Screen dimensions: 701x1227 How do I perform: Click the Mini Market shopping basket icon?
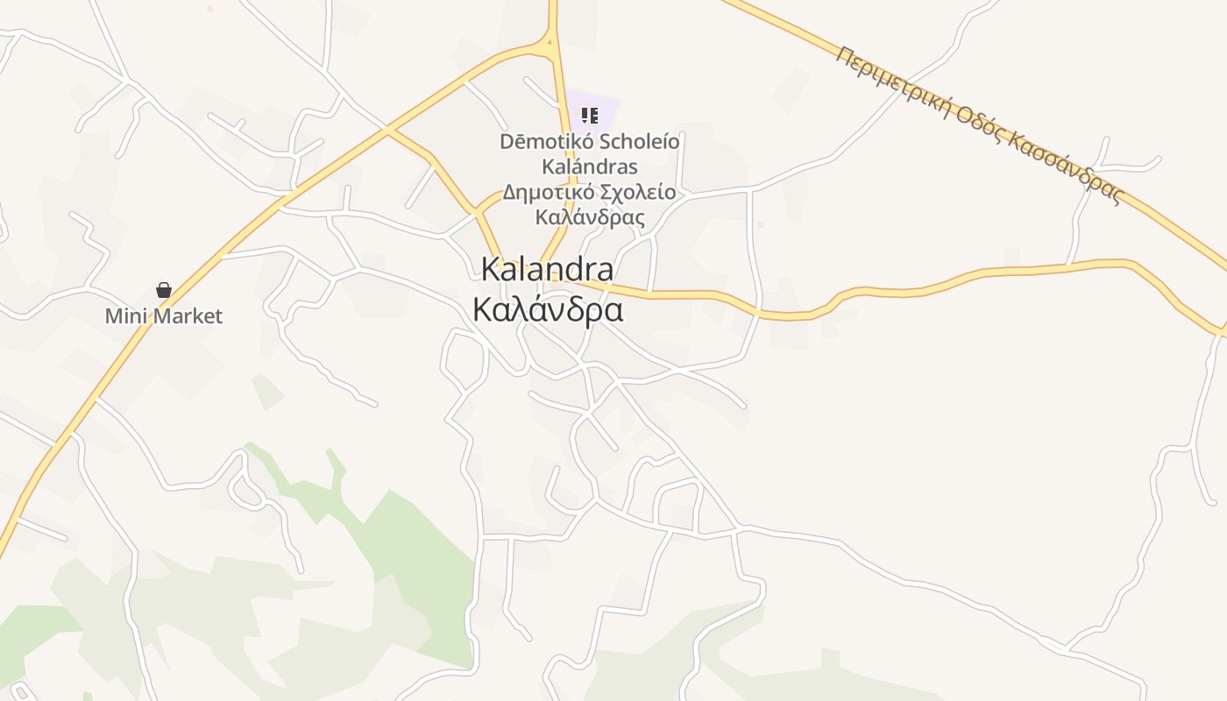164,290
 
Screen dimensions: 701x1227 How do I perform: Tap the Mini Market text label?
164,316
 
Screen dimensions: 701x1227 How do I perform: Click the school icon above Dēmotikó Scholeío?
590,115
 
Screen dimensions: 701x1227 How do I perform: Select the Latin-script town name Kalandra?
548,269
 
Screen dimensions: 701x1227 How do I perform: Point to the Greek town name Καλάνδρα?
548,309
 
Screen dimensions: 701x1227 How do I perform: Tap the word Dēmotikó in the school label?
537,142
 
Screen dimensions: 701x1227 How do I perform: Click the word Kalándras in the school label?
590,166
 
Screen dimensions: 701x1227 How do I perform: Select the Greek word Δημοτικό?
543,193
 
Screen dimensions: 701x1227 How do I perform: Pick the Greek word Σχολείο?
633,193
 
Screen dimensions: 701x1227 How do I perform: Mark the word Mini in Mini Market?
124,316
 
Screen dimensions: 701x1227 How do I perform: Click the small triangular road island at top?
550,39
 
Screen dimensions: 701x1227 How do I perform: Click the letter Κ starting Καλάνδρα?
483,309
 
